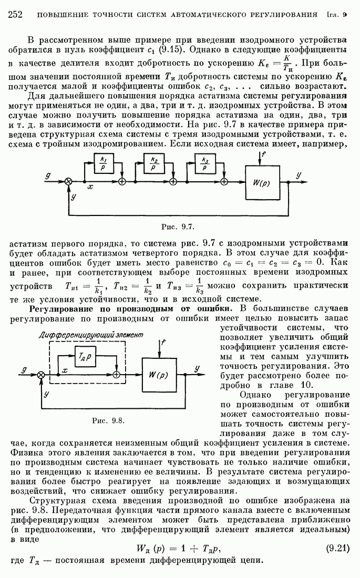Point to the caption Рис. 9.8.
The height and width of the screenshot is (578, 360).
point(107,420)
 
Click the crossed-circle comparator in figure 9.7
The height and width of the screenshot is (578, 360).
point(68,181)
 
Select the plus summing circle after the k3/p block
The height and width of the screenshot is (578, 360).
point(224,181)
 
